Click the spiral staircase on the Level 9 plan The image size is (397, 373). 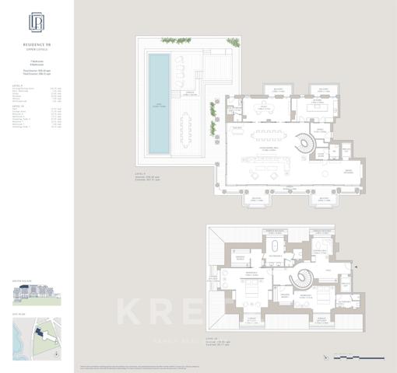click(300, 145)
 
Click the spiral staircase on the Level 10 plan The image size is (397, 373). click(297, 277)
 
